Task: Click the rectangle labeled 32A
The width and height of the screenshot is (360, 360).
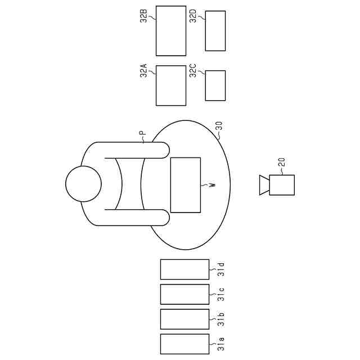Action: coord(170,85)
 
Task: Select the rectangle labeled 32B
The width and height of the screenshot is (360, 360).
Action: coord(170,31)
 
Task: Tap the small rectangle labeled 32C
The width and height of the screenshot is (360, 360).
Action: coord(215,85)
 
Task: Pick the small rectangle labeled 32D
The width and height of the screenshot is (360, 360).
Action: coord(215,31)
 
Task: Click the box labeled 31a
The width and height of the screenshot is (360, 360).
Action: coord(184,344)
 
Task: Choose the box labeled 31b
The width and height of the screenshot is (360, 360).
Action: coord(184,319)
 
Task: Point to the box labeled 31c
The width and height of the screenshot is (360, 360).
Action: coord(184,294)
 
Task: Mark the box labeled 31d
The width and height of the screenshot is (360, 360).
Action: coord(184,269)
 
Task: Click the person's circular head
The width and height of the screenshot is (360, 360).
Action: coord(83,184)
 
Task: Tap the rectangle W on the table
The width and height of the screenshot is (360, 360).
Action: coord(185,185)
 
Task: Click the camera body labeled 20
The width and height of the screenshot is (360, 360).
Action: coord(282,185)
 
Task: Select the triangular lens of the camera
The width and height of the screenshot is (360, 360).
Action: coord(264,185)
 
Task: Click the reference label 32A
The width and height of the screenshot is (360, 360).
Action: coord(143,70)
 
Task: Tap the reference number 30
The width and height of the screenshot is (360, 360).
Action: coord(219,126)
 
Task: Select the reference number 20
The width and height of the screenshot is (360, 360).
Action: coord(282,163)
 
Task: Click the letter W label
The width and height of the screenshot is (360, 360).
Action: coord(212,185)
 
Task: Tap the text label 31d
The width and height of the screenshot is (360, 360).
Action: coord(221,269)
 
